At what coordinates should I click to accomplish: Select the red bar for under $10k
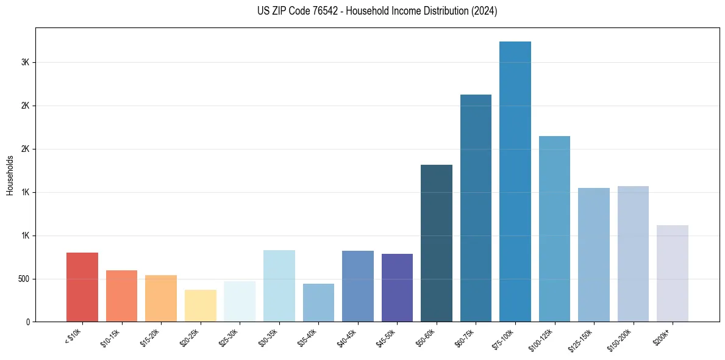[x=82, y=287]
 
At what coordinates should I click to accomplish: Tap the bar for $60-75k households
[x=476, y=208]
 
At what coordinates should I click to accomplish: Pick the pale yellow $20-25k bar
[x=201, y=306]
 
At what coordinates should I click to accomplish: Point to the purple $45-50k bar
[x=397, y=287]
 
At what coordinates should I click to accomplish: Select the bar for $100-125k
[x=554, y=229]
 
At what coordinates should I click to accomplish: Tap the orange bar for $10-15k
[x=121, y=296]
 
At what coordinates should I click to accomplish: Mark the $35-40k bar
[x=318, y=303]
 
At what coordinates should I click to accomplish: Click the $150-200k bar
[x=633, y=254]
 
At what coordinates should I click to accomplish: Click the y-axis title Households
[x=10, y=175]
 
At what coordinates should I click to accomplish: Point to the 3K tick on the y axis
[x=25, y=62]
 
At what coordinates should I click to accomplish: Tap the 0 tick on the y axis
[x=27, y=322]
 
